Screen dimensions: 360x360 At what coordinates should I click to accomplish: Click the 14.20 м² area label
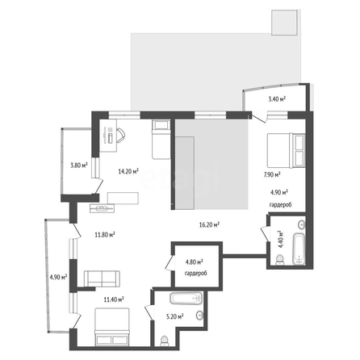coord(128,171)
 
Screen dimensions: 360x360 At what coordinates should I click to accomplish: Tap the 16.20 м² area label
coord(209,224)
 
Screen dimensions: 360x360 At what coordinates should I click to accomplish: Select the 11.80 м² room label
coord(105,235)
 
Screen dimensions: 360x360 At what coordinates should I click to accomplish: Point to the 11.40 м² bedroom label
coord(114,299)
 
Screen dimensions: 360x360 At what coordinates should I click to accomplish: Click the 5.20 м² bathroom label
coord(175,316)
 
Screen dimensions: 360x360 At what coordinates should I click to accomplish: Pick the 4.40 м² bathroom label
coord(281,239)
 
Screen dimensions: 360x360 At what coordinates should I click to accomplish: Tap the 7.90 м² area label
coord(272,174)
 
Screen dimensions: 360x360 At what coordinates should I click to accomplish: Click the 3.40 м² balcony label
coord(277,99)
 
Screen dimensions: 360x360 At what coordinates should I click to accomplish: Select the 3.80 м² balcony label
coord(79,165)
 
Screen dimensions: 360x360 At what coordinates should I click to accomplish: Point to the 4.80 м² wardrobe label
coord(195,262)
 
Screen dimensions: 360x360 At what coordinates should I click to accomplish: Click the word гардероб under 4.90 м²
coord(281,205)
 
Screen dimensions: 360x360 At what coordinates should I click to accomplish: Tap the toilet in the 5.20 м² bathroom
coord(164,341)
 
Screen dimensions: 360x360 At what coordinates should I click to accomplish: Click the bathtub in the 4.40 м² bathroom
coord(299,249)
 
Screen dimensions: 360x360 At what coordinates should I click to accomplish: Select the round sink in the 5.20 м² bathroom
coord(200,315)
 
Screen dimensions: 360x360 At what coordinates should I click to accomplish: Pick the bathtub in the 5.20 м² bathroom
coord(186,299)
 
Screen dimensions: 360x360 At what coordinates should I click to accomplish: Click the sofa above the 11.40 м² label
coord(102,278)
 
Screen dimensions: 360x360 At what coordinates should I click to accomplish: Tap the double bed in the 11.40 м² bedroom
coord(112,327)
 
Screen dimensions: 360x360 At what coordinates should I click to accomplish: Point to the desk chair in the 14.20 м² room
coord(121,134)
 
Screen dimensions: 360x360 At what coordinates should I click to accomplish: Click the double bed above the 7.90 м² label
coord(286,150)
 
